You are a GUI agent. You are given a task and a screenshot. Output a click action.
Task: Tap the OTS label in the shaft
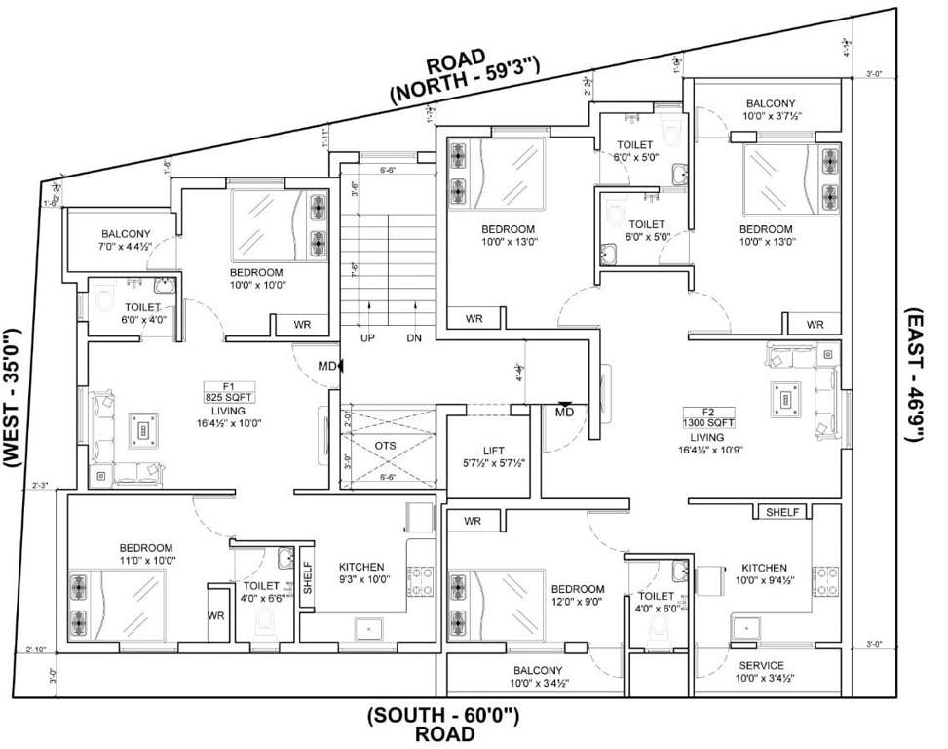point(386,445)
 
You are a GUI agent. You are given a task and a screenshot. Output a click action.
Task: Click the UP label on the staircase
point(368,337)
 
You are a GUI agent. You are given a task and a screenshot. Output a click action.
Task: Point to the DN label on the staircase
point(414,337)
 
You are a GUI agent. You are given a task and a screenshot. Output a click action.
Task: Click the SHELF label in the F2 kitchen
point(782,512)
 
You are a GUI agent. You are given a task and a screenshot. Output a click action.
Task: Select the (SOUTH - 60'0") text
point(443,717)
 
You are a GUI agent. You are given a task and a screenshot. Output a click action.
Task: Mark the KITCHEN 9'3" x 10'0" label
point(361,573)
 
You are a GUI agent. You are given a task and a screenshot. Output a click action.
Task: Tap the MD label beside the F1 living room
point(326,366)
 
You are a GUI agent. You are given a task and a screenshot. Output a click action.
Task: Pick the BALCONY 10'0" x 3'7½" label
point(771,109)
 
